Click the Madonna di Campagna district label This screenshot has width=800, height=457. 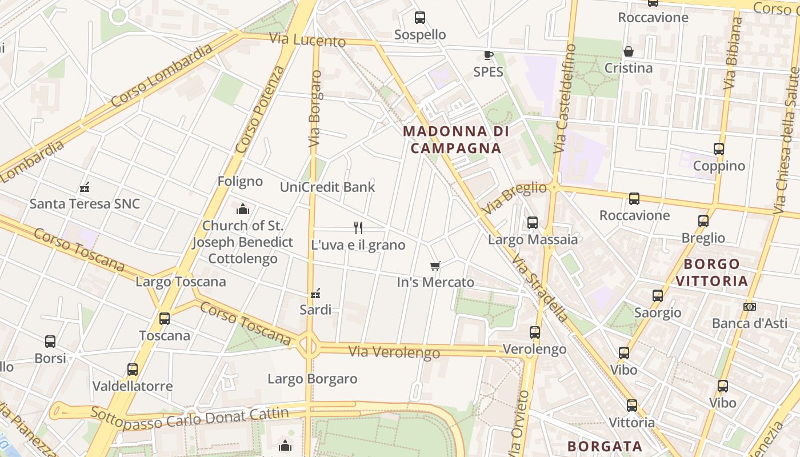coord(455,139)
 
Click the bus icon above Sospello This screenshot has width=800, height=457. coord(420,18)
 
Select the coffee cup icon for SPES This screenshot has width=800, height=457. coord(488,55)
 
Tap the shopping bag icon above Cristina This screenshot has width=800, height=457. coord(629,51)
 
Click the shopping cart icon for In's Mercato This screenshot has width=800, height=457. coord(435,266)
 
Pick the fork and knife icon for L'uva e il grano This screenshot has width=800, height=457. coord(358,228)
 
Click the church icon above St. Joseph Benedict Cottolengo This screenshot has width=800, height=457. coord(243,209)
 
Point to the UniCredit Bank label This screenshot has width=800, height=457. coord(327,187)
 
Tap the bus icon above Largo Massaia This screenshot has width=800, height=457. coord(533,223)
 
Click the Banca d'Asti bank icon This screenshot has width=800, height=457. coord(750,307)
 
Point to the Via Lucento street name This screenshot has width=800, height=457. coord(307,40)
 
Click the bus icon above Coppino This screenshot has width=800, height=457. coord(719,149)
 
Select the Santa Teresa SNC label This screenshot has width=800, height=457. coord(85,203)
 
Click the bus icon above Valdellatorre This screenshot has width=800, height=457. coord(133,370)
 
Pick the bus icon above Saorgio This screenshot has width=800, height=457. coord(658,296)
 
